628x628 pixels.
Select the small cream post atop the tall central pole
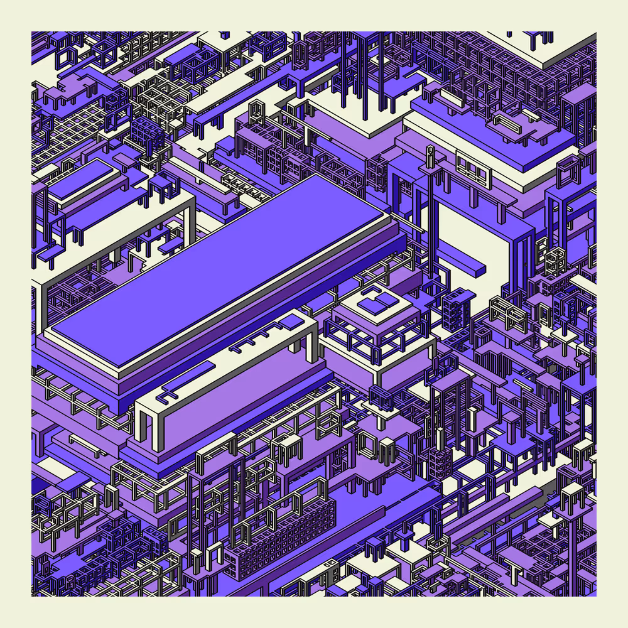click(430, 151)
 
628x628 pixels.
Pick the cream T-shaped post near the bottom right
click(515, 572)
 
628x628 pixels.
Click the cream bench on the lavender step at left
click(88, 445)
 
